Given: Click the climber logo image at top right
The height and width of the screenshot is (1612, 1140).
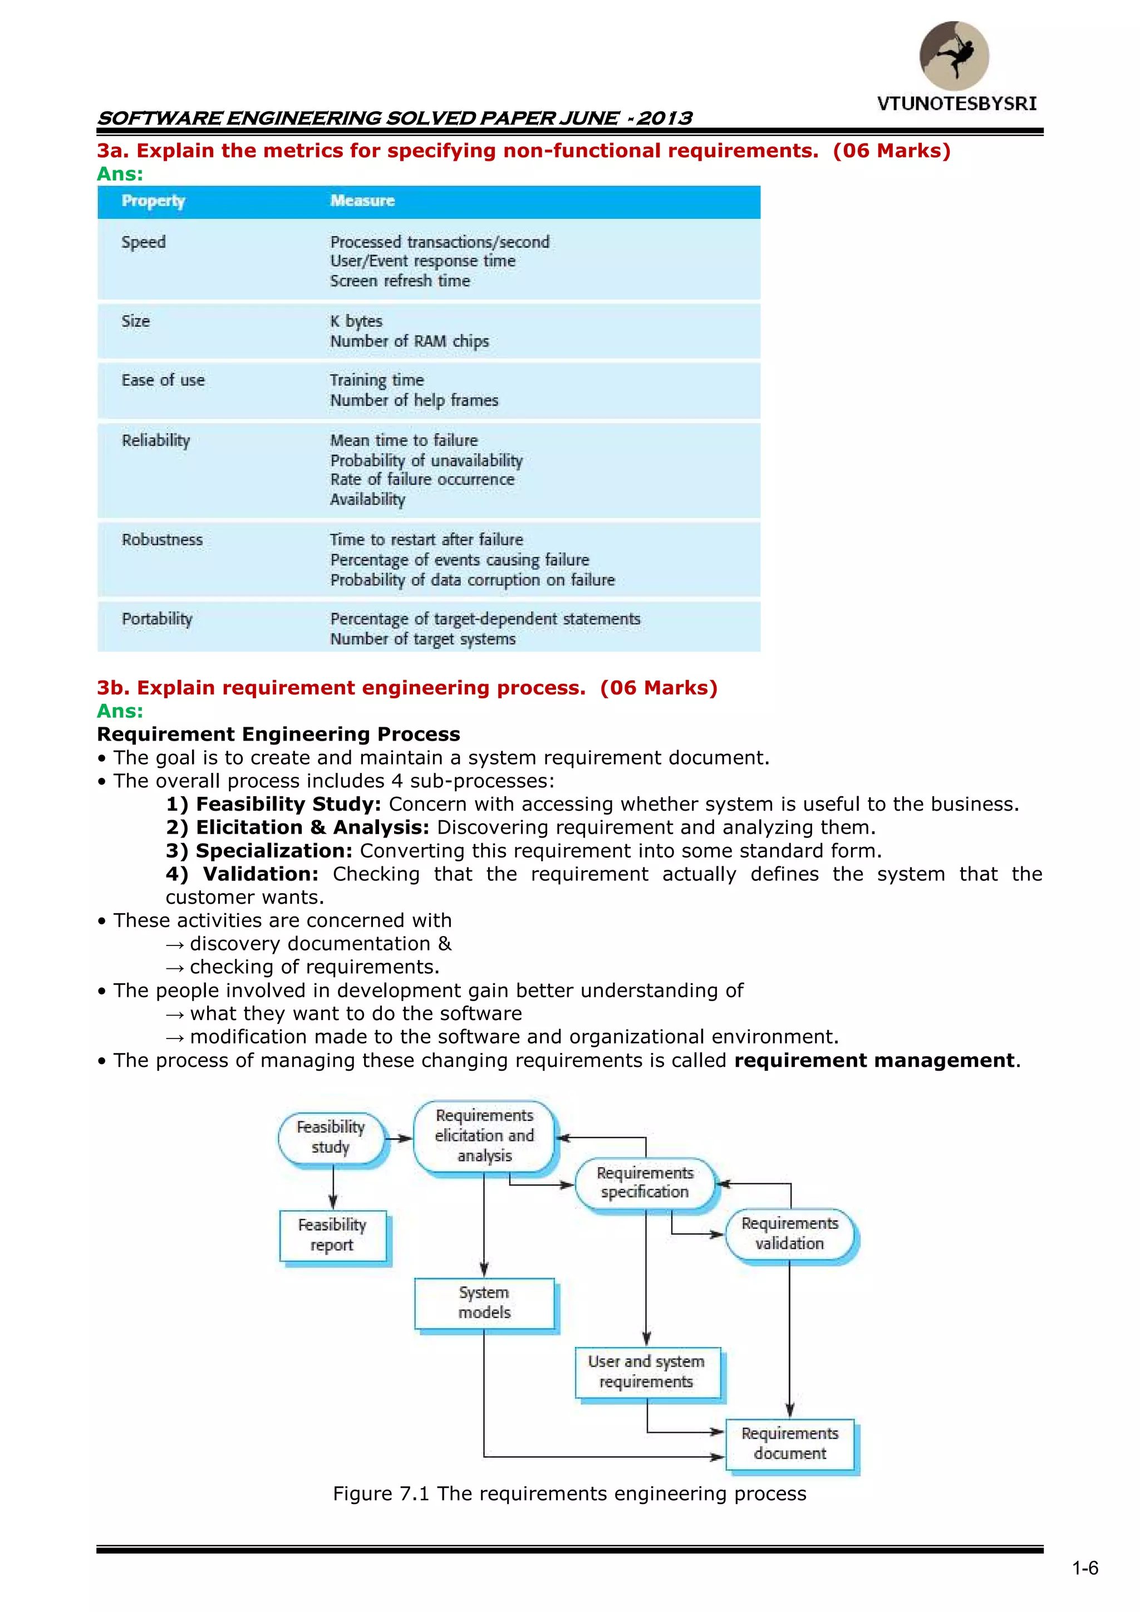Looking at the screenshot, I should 954,56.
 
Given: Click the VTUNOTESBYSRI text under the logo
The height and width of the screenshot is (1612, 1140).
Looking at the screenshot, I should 956,104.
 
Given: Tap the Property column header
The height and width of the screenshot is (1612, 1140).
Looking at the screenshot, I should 153,201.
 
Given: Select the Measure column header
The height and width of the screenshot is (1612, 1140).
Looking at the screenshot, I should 362,201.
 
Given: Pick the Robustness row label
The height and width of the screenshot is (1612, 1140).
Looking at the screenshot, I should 162,540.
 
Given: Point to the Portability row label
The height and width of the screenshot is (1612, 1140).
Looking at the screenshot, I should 156,619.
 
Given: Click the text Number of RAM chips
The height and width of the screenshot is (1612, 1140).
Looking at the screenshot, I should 409,341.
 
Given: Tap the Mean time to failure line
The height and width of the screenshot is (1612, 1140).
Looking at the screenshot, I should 404,440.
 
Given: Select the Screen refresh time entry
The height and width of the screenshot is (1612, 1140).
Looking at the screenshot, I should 400,281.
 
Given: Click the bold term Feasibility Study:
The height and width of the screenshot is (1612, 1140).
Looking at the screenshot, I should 288,804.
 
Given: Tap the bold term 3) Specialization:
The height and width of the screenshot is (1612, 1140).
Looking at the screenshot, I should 259,851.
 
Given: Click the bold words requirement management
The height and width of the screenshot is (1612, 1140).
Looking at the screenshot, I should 874,1060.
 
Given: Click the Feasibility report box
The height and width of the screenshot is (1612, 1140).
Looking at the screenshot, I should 333,1235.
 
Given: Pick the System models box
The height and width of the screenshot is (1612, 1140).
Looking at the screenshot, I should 484,1302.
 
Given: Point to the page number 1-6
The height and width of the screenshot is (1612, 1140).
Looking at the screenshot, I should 1084,1569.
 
